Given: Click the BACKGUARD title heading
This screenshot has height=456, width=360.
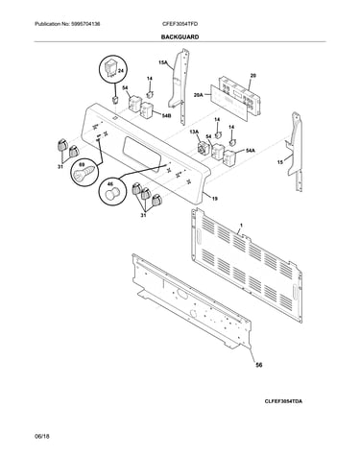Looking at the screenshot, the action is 180,36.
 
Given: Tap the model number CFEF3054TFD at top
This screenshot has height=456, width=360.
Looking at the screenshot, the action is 180,24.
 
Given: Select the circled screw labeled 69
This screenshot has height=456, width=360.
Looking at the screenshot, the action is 84,173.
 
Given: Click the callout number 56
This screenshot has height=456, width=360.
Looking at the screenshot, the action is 259,365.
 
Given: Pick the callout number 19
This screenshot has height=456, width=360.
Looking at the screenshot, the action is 215,199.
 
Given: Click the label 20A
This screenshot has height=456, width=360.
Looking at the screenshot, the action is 199,95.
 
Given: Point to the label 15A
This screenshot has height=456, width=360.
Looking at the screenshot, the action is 163,62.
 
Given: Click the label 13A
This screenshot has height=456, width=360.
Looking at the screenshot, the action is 195,132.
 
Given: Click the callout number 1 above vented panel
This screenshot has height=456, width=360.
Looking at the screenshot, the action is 241,226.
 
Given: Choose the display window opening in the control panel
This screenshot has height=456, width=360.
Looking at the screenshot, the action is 141,155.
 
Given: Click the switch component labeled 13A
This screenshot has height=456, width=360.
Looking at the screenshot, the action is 203,149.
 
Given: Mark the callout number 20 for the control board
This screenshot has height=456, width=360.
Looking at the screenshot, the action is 252,76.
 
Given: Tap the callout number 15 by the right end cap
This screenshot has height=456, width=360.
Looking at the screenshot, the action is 280,163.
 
